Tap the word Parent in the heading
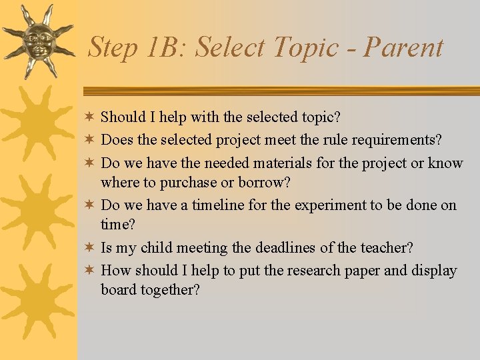click(x=403, y=48)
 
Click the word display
click(x=434, y=271)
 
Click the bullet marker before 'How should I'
click(x=89, y=270)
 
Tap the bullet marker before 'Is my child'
click(x=89, y=247)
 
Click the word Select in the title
click(x=233, y=48)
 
